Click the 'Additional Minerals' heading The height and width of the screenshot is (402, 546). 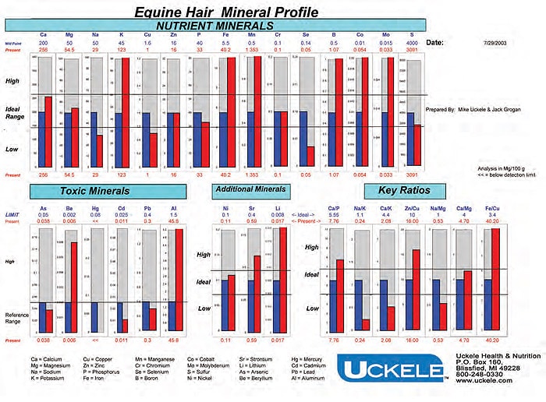point(250,189)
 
